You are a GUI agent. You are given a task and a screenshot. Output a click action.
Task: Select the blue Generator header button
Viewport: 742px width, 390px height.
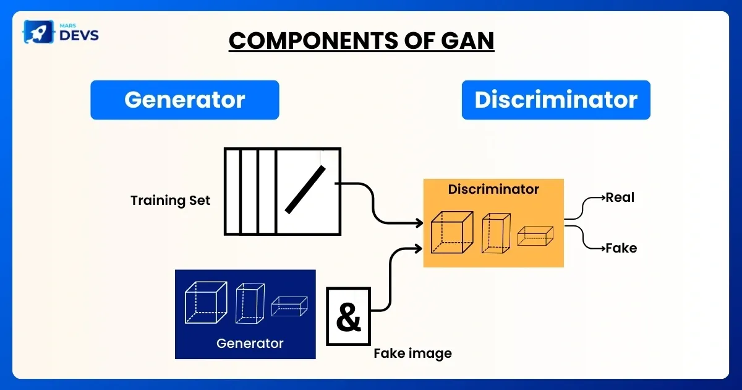point(185,100)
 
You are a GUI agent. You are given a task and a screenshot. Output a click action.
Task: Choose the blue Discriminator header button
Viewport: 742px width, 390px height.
point(556,100)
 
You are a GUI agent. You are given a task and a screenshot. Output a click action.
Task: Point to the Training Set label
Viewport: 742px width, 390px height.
point(170,201)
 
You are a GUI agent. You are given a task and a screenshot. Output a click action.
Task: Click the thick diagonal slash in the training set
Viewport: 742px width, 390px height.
point(305,189)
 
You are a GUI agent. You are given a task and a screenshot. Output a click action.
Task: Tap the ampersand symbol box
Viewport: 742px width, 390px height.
point(348,316)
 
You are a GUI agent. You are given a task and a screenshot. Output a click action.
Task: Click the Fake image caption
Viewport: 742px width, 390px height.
point(412,353)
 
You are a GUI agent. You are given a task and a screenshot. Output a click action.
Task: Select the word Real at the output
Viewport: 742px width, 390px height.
point(620,198)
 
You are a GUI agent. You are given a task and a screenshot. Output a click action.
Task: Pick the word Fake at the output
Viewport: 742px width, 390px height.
point(621,248)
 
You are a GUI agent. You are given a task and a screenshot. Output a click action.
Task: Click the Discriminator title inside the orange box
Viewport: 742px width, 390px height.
point(493,189)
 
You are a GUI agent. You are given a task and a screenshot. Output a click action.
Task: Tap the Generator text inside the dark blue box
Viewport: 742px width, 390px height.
point(250,343)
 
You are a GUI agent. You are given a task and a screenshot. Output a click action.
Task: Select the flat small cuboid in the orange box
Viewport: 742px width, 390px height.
point(535,236)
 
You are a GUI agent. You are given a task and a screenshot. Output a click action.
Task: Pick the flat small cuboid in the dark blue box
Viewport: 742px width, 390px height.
point(289,306)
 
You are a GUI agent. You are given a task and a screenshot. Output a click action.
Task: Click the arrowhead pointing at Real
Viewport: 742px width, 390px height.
point(603,198)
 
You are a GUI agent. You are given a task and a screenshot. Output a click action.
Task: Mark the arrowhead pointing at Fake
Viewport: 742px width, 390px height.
point(603,248)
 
